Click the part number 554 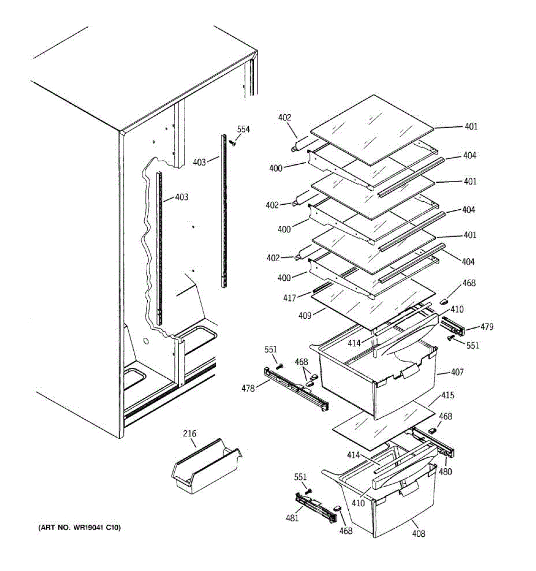pos(243,129)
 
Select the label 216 pos(189,433)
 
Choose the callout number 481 pos(292,518)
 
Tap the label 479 pos(486,327)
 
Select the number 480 pos(445,472)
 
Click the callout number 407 pos(457,372)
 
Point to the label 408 pos(418,533)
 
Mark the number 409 pos(304,315)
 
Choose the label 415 pos(447,395)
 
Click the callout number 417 pos(290,298)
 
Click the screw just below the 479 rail pos(450,338)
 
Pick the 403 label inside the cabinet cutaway pos(182,197)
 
